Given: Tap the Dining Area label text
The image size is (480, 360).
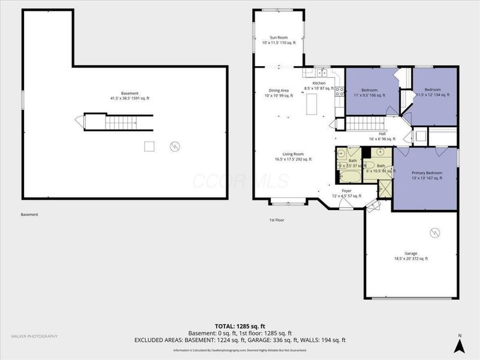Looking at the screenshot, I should [278, 93].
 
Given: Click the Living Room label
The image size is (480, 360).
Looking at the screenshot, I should [293, 157].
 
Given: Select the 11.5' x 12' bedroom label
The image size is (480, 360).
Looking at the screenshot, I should [433, 92].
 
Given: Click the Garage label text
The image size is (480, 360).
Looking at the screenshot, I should [410, 256].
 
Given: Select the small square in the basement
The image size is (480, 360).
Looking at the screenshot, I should [149, 146].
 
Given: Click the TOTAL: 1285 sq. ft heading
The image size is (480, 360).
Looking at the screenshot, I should [241, 326].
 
